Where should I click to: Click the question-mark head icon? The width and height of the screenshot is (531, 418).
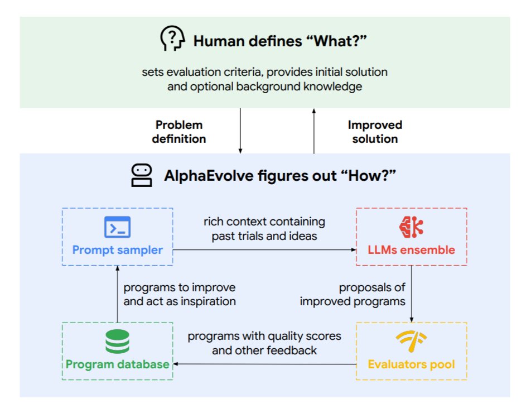tap(172, 40)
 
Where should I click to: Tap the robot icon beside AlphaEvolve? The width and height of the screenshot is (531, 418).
tap(141, 175)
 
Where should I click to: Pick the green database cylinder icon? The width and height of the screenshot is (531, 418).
tap(117, 342)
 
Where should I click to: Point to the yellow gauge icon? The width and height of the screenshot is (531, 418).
tap(411, 340)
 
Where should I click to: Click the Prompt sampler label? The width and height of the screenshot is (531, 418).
tap(117, 249)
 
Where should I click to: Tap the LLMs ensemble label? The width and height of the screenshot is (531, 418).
tap(411, 249)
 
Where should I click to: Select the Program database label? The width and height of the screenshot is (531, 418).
tap(117, 364)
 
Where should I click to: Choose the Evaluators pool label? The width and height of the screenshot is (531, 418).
tap(411, 364)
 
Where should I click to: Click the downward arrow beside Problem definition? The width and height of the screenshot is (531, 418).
tap(240, 131)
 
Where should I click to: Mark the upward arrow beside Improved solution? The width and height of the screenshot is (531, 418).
tap(313, 131)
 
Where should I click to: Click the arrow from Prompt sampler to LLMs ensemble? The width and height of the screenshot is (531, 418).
tap(264, 251)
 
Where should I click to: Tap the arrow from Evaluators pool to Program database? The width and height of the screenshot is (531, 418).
tap(264, 364)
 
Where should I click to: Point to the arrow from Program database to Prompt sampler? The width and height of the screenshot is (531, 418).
tap(117, 294)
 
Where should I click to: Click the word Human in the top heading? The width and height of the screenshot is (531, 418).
tap(215, 41)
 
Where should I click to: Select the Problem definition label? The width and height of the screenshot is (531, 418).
tap(179, 132)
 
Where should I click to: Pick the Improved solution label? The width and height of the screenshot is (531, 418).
tap(375, 132)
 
